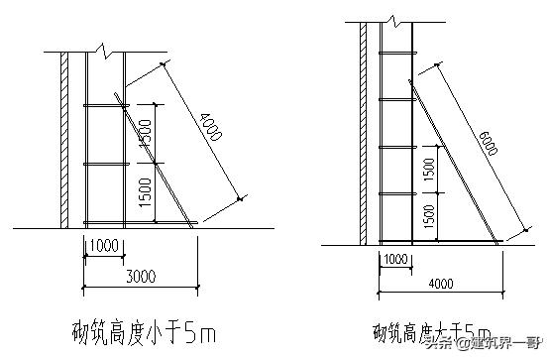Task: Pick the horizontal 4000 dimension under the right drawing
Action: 441,285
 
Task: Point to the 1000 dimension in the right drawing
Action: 395,259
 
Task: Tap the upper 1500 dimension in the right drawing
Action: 428,170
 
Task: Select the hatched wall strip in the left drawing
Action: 64,139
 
